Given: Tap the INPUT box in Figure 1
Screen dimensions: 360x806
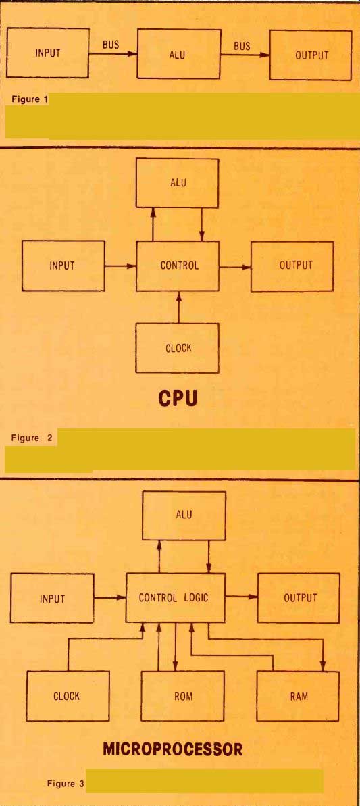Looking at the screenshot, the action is pyautogui.click(x=48, y=53).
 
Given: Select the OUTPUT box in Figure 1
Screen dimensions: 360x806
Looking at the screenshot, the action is pyautogui.click(x=311, y=55).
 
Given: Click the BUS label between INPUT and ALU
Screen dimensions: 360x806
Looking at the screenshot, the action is pyautogui.click(x=110, y=44).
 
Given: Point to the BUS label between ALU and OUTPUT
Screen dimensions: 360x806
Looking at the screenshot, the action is pyautogui.click(x=242, y=46).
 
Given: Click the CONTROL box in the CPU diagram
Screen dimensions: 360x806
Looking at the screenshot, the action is pyautogui.click(x=178, y=266).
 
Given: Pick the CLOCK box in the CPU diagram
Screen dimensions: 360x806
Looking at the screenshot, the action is pyautogui.click(x=178, y=347).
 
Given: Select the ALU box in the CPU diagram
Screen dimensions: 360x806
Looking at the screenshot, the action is pyautogui.click(x=177, y=183).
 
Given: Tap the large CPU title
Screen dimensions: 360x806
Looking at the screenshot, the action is pyautogui.click(x=178, y=399).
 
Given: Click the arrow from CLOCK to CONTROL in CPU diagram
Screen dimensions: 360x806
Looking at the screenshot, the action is pyautogui.click(x=179, y=307).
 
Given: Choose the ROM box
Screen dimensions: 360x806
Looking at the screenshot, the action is pyautogui.click(x=183, y=695).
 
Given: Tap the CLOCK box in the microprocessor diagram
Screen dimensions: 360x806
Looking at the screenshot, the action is pyautogui.click(x=68, y=695).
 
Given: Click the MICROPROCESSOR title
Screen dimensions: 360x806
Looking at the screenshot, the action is pyautogui.click(x=173, y=749).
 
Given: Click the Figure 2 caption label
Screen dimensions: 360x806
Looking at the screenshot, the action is pyautogui.click(x=32, y=438).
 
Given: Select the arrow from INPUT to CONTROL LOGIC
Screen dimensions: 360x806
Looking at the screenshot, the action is pyautogui.click(x=109, y=597).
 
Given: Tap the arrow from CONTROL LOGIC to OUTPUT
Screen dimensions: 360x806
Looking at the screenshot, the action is pyautogui.click(x=241, y=597).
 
